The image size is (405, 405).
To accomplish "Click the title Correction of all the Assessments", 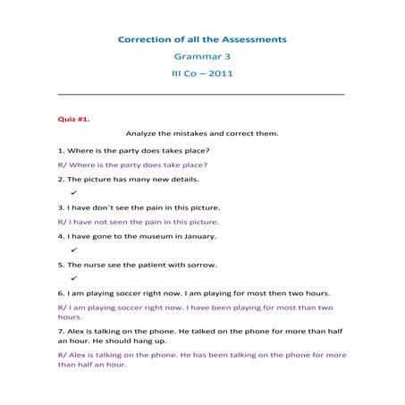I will (x=202, y=39).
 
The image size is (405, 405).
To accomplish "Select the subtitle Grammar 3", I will (x=202, y=56).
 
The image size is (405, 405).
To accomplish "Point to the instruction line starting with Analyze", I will (x=202, y=133).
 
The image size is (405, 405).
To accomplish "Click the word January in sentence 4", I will (x=198, y=236).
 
